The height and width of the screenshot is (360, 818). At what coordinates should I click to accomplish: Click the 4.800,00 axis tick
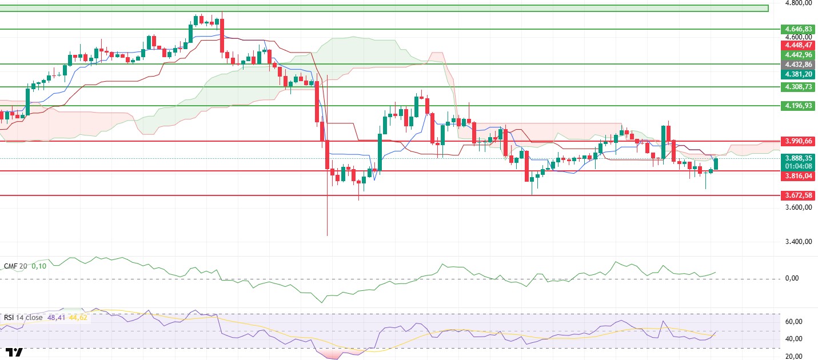pos(799,3)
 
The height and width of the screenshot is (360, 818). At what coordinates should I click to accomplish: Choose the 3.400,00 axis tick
pos(799,242)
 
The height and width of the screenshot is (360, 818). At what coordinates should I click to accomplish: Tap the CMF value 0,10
pos(38,266)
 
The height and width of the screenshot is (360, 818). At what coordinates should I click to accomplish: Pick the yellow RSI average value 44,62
pos(78,317)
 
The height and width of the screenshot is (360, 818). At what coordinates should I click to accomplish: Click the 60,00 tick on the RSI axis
pos(793,322)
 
